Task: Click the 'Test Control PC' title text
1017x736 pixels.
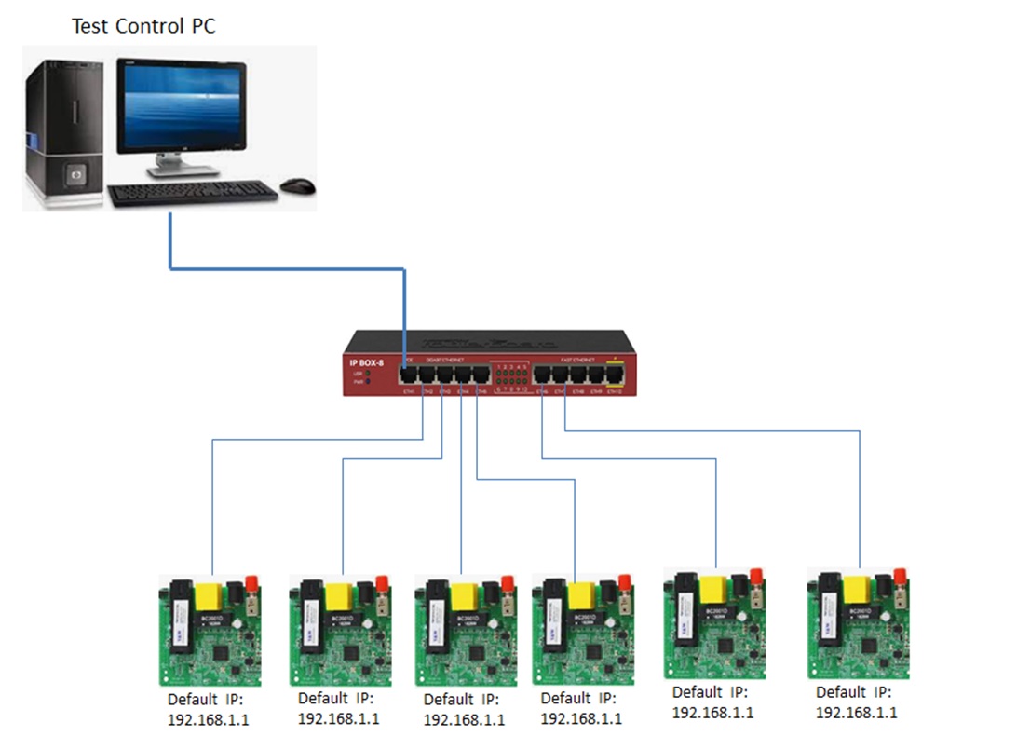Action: [x=143, y=26]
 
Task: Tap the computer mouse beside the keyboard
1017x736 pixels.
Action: [x=297, y=185]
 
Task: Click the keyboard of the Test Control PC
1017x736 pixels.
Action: [x=192, y=194]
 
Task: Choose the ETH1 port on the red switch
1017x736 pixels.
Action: [x=408, y=375]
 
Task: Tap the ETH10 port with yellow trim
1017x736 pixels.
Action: [x=615, y=375]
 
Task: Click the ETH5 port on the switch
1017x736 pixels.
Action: [x=481, y=375]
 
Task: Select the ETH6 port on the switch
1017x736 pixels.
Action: [x=543, y=375]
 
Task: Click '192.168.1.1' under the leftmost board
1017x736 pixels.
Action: [x=208, y=720]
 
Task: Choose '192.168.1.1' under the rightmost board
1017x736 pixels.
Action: [x=857, y=713]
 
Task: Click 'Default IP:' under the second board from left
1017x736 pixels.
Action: [x=336, y=699]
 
